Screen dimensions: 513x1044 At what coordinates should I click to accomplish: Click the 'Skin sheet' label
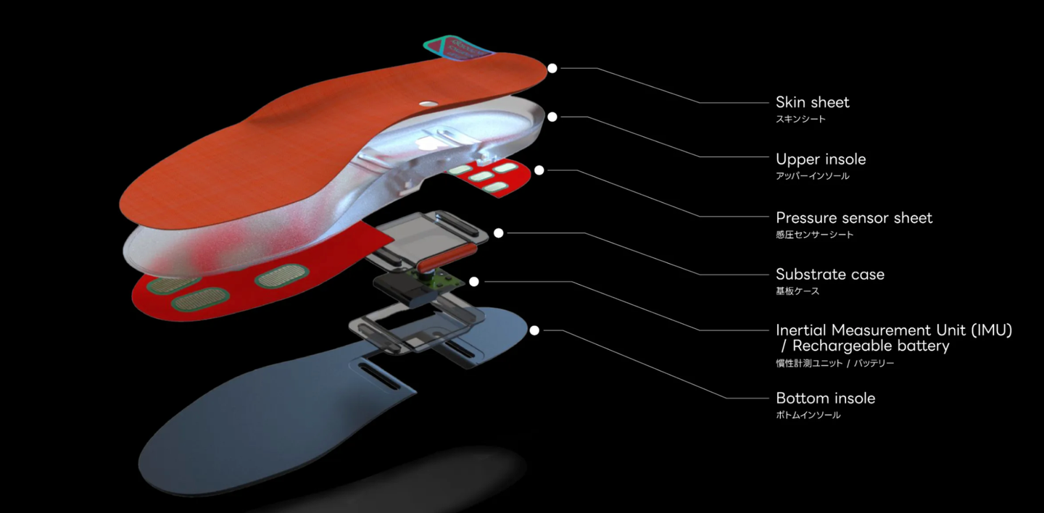(812, 102)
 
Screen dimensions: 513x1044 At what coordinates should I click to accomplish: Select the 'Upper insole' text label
(820, 159)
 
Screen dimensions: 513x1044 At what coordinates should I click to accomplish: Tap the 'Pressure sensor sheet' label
(853, 217)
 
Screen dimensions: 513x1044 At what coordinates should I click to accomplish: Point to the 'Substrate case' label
(829, 275)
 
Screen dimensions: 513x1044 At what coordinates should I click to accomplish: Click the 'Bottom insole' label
(825, 399)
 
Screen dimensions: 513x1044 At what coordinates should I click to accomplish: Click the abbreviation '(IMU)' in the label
(989, 330)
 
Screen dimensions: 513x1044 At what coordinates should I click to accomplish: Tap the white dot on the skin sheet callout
(552, 68)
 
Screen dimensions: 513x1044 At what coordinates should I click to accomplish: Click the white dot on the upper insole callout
(552, 117)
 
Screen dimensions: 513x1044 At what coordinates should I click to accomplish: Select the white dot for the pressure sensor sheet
(539, 170)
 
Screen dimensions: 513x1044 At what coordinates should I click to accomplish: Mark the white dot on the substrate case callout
(499, 233)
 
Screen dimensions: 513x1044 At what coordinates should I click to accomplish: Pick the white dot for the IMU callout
(474, 281)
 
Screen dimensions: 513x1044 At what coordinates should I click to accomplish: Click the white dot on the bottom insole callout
(534, 330)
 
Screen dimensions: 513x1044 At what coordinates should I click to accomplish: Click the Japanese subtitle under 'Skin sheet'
(800, 120)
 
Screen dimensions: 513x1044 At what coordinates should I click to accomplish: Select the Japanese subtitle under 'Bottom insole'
(808, 416)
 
